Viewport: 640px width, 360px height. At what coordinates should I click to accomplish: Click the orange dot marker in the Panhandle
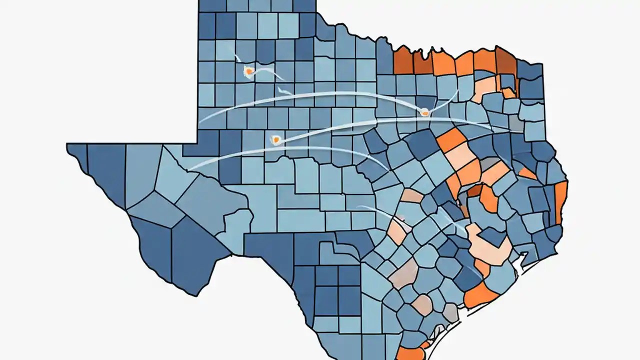[x=248, y=72]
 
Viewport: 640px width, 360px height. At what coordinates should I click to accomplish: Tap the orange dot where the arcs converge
[x=424, y=112]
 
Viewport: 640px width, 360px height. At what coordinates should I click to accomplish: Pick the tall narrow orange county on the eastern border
[x=561, y=202]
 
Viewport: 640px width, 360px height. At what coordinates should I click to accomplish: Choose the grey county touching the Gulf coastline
[x=450, y=313]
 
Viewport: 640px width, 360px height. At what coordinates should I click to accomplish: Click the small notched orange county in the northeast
[x=508, y=92]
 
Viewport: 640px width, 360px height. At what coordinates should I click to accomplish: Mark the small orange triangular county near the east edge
[x=528, y=173]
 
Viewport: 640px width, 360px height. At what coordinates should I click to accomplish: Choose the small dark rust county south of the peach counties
[x=474, y=190]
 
